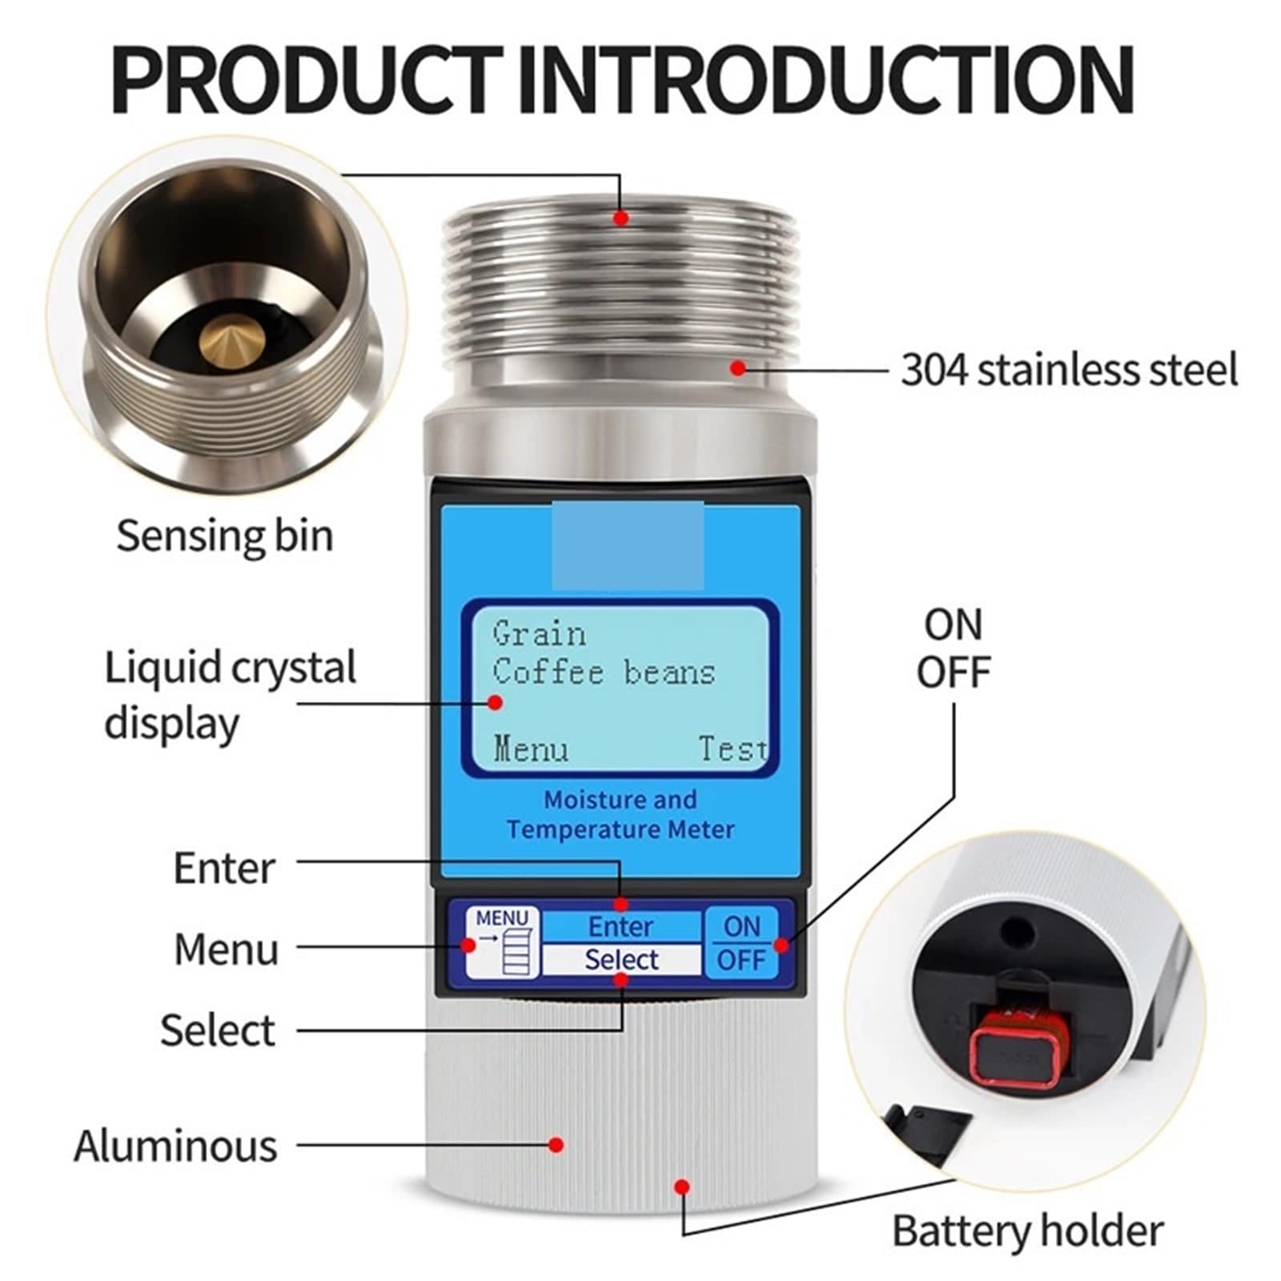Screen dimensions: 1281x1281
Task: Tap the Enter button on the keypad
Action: click(621, 926)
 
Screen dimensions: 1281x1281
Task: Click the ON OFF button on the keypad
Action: click(741, 942)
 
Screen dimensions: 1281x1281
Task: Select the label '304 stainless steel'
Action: click(1069, 370)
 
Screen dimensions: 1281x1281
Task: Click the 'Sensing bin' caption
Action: click(225, 535)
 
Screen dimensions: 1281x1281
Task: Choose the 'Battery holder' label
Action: click(1028, 1230)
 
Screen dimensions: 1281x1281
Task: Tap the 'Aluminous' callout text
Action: click(175, 1145)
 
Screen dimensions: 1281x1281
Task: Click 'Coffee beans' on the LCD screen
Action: click(604, 672)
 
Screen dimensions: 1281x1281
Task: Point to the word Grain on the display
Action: click(539, 633)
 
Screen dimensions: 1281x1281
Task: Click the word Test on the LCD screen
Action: click(733, 749)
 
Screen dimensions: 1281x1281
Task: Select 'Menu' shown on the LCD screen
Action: click(531, 749)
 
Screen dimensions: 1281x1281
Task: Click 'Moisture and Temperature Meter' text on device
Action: click(620, 814)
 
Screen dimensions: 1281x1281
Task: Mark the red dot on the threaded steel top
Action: click(621, 217)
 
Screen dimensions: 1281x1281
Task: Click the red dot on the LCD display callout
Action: click(496, 702)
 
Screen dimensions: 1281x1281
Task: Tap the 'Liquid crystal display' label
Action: click(231, 695)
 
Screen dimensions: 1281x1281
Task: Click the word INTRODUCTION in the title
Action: click(827, 79)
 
